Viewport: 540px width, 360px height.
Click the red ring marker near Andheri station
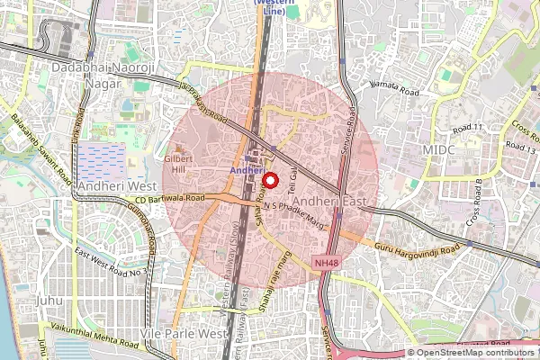point(267,177)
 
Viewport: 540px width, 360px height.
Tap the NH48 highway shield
point(327,262)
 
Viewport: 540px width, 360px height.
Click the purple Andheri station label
point(245,169)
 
